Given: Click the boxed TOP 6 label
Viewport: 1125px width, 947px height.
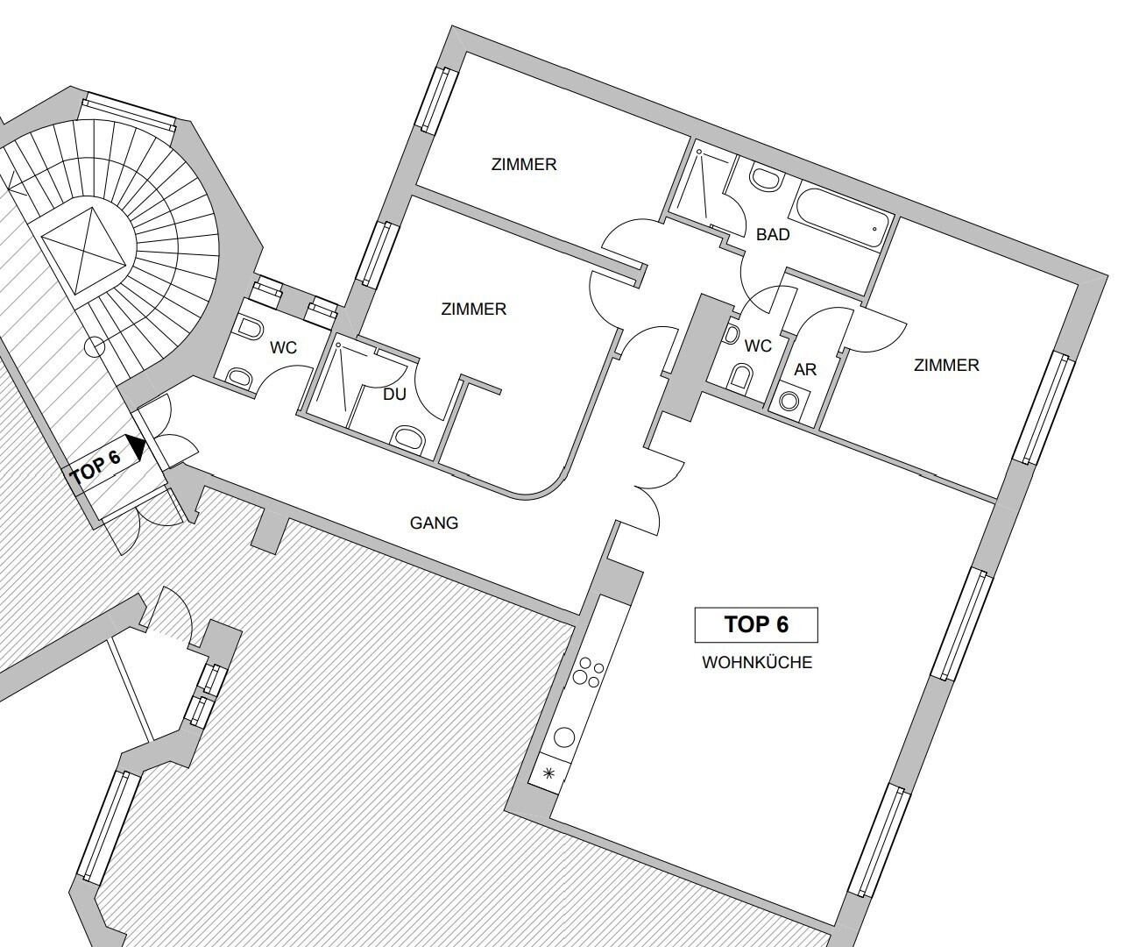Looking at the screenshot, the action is coord(756,624).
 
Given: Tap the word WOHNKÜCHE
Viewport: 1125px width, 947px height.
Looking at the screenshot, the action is coord(757,662).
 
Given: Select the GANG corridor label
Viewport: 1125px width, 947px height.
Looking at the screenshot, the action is coord(434,523).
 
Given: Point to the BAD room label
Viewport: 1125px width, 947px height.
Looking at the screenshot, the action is coord(773,235).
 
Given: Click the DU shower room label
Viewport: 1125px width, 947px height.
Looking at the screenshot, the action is coord(394,395).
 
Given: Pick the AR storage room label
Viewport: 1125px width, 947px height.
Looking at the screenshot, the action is coord(805,369).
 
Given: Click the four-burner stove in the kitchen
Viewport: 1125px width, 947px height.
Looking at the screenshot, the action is coord(587,673).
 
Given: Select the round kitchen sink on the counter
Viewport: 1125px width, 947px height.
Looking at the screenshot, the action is coord(564,737).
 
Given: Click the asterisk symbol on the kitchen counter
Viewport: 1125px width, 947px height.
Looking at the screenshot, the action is coord(549,774).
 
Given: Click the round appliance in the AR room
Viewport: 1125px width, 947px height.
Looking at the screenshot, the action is coord(790,401).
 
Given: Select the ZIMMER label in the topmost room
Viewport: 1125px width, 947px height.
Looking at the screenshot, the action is coord(524,165).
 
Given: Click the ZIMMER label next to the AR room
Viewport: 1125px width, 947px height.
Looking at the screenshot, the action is coord(946,365).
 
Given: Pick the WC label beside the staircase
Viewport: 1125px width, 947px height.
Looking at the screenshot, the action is coord(283,348).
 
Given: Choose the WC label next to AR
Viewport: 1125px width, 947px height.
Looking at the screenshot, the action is coord(758,345).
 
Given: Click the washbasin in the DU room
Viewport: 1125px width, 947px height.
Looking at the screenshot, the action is coord(410,437).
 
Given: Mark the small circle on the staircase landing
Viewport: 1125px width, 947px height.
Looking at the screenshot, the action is coord(95,346).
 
